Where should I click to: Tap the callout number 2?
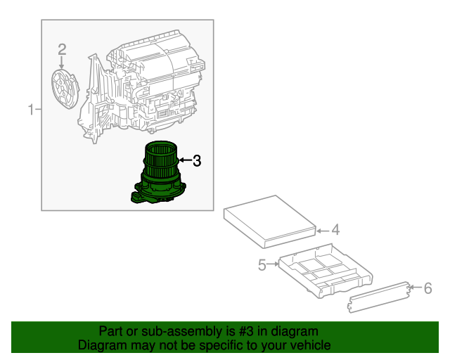62,49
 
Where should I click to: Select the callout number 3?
197,161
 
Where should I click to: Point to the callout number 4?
335,230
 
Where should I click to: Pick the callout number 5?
262,265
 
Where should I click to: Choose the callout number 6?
427,288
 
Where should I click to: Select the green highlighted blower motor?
161,172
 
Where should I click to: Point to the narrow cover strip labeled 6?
380,295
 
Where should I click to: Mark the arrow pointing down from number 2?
62,62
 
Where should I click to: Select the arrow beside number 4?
322,230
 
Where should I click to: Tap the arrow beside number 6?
415,288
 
